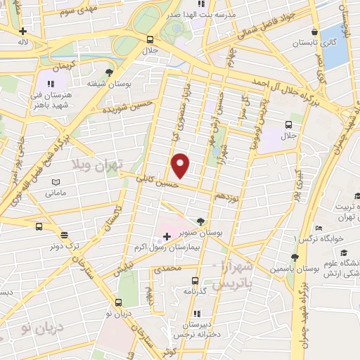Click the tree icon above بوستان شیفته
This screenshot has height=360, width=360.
[x=109, y=72]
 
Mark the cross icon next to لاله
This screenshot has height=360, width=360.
[x=23, y=31]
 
